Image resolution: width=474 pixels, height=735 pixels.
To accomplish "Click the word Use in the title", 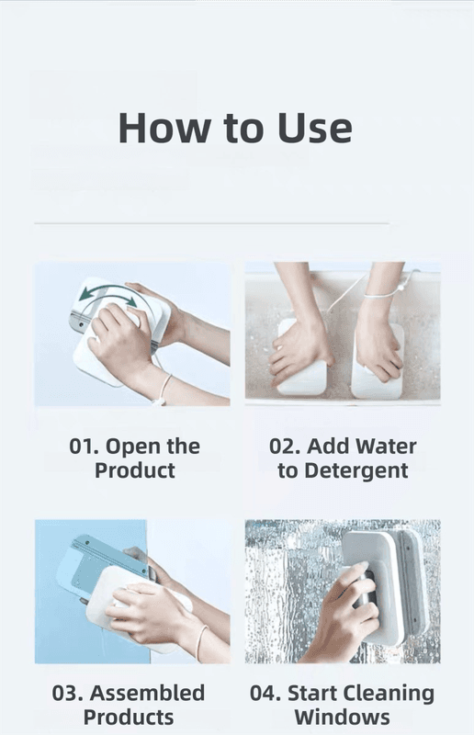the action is click(314, 128).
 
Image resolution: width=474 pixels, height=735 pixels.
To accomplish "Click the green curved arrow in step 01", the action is click(107, 294).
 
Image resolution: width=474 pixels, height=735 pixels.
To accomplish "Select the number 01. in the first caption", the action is click(84, 446).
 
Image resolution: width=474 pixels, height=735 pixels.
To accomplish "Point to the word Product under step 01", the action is click(135, 470).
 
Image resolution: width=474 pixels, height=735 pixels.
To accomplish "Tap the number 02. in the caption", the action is click(285, 446).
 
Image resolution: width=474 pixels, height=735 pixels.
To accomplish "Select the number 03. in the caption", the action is click(67, 693).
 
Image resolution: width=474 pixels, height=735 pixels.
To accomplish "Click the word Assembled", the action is click(147, 693).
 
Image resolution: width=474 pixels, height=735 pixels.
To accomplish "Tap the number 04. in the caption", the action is click(265, 693).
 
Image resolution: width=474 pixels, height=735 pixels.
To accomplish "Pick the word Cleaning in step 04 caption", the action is click(389, 694).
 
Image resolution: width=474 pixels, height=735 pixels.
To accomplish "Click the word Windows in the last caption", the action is click(343, 718).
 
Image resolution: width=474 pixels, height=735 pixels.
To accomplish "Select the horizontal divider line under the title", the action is click(211, 223).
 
